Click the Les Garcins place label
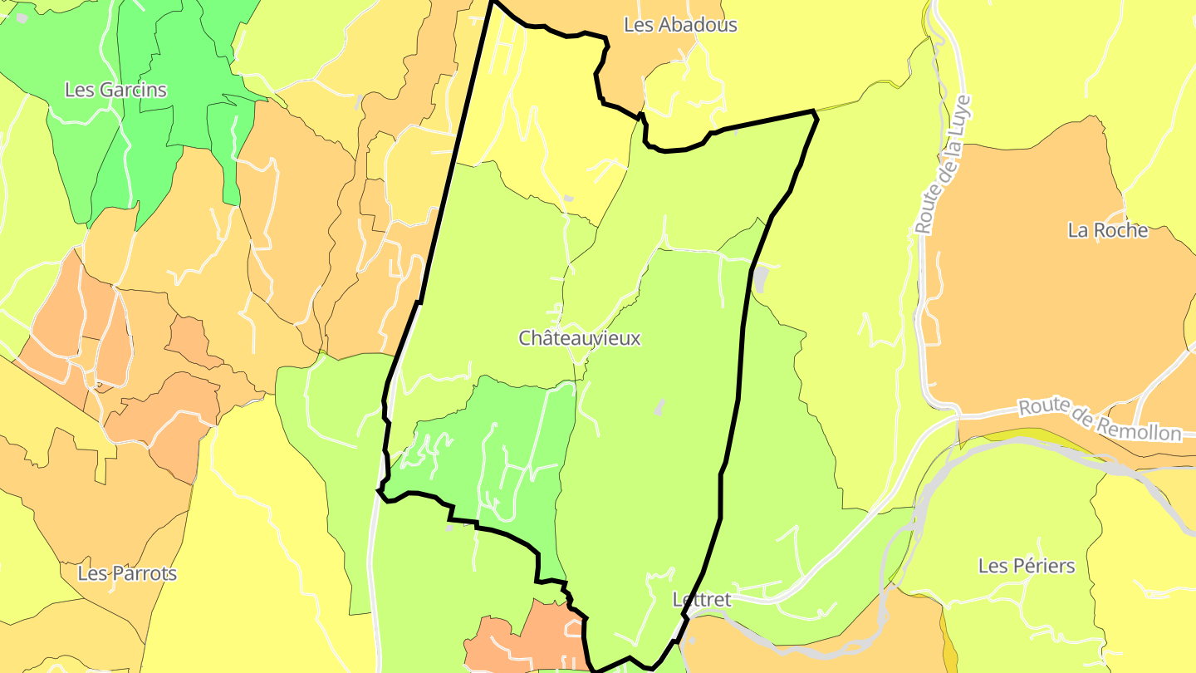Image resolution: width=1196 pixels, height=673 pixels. click(x=115, y=90)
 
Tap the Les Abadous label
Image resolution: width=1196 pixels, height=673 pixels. click(x=679, y=25)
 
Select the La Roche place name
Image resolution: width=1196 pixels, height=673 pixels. click(x=1107, y=230)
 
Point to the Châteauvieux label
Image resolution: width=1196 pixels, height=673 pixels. click(x=580, y=338)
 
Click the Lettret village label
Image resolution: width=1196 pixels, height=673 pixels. click(x=701, y=599)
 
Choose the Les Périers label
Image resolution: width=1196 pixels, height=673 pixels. click(x=1026, y=566)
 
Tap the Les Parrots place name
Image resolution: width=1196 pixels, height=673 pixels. click(x=127, y=573)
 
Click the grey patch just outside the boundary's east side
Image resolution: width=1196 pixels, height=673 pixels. click(x=759, y=279)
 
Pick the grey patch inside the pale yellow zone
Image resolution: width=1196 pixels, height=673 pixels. click(x=568, y=198)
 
